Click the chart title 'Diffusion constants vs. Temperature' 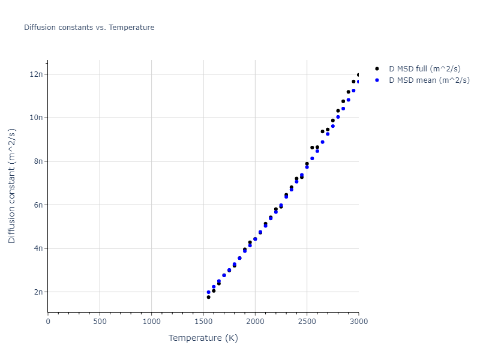89,28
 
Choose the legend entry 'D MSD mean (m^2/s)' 429,80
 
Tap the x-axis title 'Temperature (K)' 203,338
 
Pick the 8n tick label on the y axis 37,161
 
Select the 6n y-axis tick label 37,205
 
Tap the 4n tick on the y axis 37,248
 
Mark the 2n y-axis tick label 37,292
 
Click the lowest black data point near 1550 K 208,297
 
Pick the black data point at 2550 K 312,148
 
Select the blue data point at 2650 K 322,142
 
